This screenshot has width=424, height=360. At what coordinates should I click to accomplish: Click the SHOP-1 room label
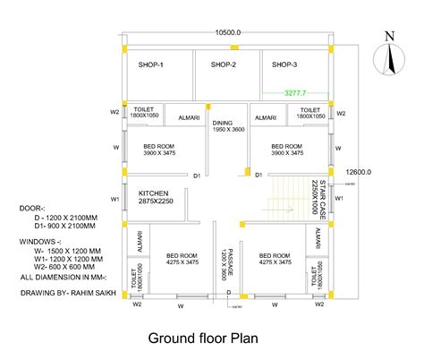click(x=151, y=64)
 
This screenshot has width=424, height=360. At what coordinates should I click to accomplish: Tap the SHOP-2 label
click(x=223, y=64)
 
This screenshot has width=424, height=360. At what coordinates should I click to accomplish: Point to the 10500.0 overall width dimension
click(x=228, y=32)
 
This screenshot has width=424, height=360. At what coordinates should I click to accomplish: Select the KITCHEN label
click(x=155, y=193)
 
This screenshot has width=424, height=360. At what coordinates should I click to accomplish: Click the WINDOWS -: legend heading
click(x=39, y=241)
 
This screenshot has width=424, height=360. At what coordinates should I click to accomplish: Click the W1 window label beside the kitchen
click(x=114, y=199)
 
